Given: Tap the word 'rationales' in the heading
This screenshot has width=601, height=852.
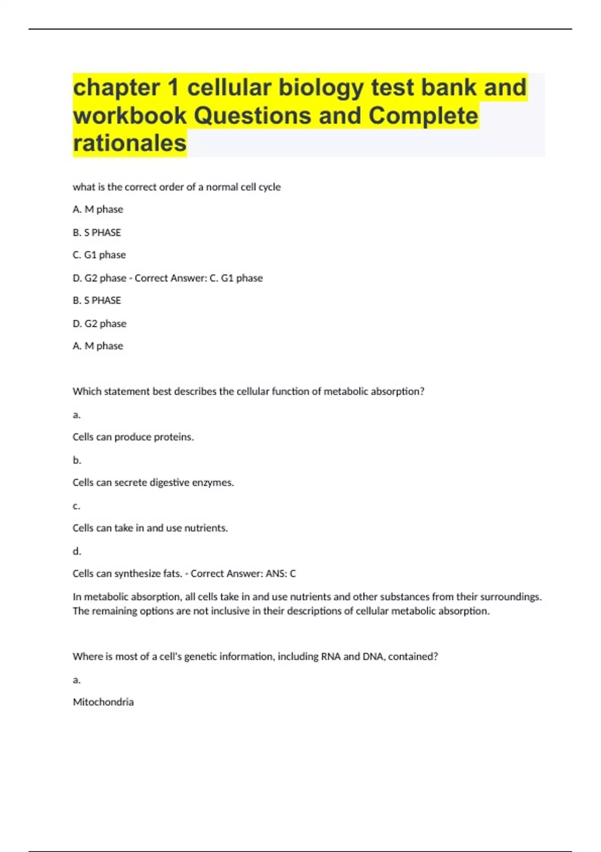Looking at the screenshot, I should click(x=130, y=143).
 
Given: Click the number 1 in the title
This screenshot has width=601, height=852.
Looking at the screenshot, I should click(x=173, y=88).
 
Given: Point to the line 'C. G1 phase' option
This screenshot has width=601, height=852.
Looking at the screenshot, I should click(x=99, y=255).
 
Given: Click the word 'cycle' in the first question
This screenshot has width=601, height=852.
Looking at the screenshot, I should click(x=269, y=187).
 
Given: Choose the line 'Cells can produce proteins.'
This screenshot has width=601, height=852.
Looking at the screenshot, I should click(x=133, y=437).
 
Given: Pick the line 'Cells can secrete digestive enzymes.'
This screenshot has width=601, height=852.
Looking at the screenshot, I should click(x=153, y=483).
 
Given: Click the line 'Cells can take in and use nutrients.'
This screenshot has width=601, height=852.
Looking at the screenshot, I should click(x=150, y=528).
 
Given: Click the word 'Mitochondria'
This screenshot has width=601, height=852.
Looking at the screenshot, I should click(x=103, y=702).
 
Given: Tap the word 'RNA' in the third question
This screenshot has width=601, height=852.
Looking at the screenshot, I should click(x=331, y=657).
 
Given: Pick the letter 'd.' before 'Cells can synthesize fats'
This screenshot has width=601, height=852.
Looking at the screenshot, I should click(x=77, y=551).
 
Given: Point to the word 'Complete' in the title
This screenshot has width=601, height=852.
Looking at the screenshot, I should click(x=423, y=116).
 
